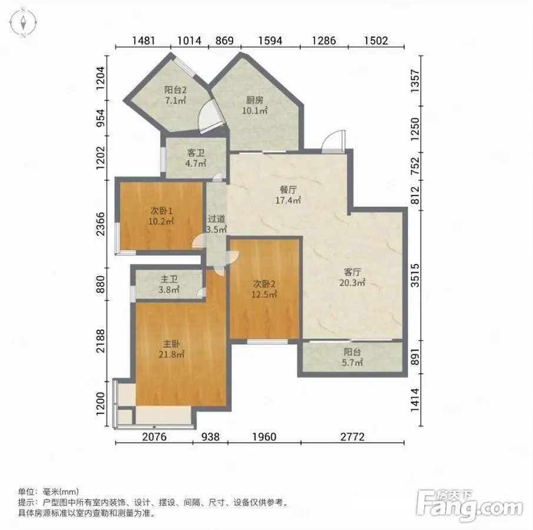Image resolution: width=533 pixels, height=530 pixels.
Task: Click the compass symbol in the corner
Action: tap(23, 23)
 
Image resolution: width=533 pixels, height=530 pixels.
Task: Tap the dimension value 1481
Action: tap(143, 41)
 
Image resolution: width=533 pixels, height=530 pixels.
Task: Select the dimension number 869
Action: tap(224, 41)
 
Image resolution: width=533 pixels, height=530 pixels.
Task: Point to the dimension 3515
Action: tap(415, 275)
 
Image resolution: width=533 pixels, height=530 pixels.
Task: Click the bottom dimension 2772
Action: tap(353, 436)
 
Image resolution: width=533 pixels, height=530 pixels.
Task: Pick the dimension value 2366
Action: tap(101, 224)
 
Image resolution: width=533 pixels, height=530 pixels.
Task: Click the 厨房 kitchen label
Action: tap(254, 100)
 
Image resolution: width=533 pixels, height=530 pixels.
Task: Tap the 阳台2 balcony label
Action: tap(176, 90)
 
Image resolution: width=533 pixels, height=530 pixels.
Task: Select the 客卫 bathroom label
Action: tap(196, 153)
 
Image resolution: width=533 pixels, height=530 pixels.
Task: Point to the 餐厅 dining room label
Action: tap(288, 190)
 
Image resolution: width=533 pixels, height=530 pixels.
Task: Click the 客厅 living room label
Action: tap(352, 272)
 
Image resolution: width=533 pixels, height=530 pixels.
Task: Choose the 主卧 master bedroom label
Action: tap(171, 344)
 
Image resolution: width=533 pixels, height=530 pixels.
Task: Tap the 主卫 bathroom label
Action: tap(169, 280)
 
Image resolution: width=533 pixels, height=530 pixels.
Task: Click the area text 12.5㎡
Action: tap(264, 294)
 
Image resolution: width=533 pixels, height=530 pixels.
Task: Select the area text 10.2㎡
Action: tap(161, 221)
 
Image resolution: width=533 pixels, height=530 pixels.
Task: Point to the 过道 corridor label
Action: tap(216, 219)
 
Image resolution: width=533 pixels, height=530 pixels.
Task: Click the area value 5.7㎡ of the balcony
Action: tap(352, 363)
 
